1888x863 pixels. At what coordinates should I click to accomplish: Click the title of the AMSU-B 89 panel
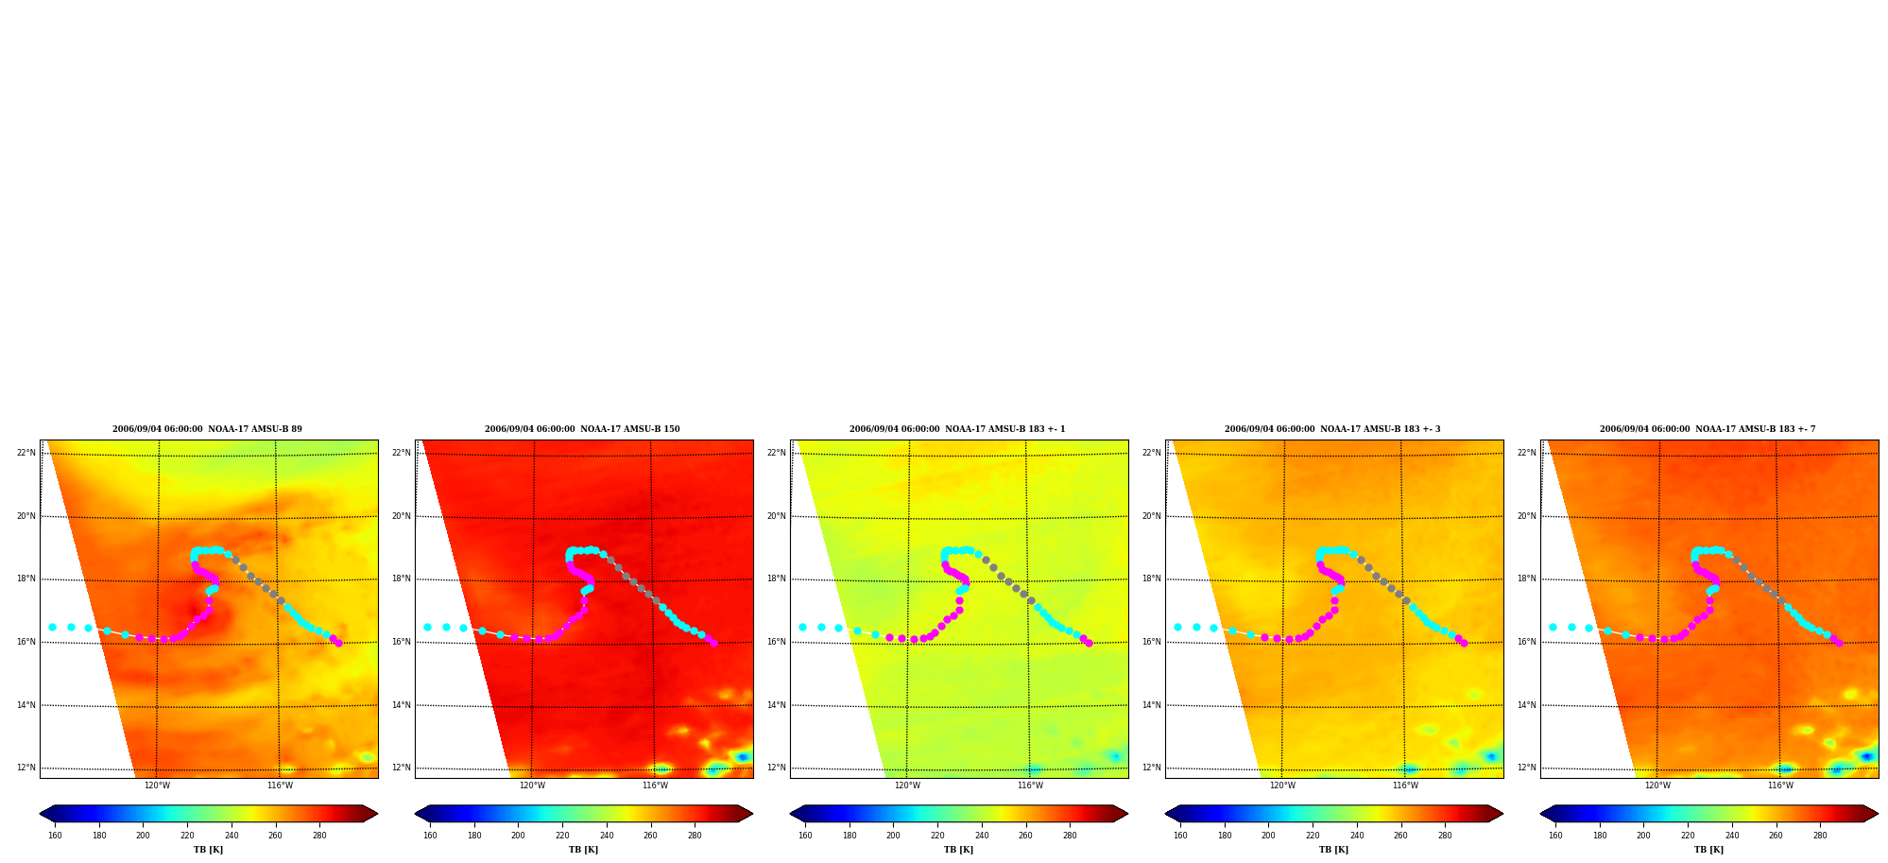(207, 429)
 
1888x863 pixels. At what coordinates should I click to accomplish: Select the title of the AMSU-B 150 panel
(582, 429)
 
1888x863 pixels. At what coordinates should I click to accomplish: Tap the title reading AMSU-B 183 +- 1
(957, 429)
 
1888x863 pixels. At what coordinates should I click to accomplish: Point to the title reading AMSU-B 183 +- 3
(1332, 429)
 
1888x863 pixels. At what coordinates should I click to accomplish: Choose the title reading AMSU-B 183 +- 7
(1708, 429)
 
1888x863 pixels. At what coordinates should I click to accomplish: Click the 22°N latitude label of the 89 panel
(26, 453)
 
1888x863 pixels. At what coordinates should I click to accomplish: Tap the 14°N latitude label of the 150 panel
(401, 705)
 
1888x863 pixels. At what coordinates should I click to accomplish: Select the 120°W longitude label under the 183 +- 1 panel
(907, 785)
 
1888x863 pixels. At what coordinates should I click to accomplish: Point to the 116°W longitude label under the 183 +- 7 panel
(1780, 785)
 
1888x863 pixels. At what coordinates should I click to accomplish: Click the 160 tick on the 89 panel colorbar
(55, 836)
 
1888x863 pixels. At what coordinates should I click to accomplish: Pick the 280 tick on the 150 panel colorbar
(695, 836)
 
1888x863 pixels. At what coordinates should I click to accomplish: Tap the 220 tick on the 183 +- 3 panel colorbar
(1313, 836)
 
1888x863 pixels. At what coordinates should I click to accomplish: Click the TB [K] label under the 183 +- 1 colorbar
(958, 850)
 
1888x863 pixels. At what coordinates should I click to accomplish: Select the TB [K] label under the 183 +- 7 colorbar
(1708, 850)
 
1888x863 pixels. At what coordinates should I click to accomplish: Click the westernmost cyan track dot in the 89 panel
(52, 627)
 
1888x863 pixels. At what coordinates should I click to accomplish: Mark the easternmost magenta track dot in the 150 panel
(713, 643)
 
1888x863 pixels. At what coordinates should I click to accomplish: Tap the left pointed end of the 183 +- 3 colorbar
(1165, 814)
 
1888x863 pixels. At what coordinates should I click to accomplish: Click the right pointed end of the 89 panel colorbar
(377, 814)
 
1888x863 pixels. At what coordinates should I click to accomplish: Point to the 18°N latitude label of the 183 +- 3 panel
(1151, 578)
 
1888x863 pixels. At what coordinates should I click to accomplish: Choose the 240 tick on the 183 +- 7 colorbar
(1732, 836)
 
